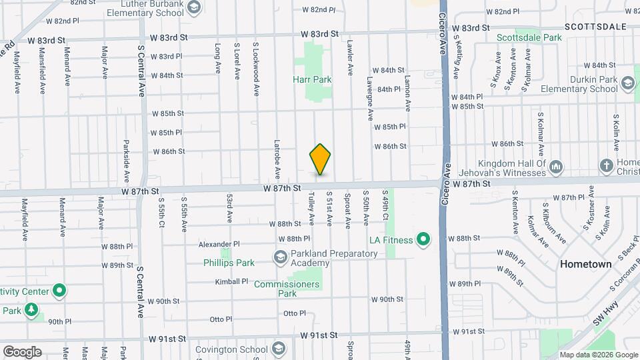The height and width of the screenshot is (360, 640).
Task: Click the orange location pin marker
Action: point(320,159)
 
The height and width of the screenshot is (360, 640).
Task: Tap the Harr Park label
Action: point(312,79)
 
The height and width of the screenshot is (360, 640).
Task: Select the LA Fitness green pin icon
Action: point(423,239)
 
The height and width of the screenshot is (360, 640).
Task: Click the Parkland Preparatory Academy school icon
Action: point(281,257)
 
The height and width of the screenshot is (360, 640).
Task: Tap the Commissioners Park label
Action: point(287,289)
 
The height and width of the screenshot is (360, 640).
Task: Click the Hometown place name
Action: point(585,264)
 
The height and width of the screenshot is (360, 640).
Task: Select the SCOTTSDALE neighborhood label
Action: point(595,27)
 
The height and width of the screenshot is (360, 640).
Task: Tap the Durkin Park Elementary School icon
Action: point(627,83)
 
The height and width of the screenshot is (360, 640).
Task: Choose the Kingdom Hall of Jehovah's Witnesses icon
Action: point(556,166)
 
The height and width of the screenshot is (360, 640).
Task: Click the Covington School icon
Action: point(278,348)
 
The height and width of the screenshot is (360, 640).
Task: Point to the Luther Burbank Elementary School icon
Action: point(193,8)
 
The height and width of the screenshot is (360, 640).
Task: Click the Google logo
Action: point(21,351)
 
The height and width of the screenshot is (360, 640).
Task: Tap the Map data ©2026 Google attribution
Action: point(597,355)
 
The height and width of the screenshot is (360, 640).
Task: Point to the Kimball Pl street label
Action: point(231,282)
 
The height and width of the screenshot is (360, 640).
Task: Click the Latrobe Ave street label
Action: point(277,159)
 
